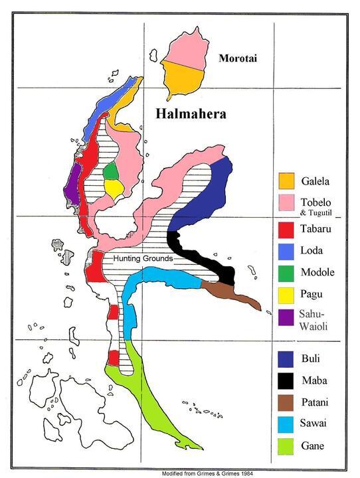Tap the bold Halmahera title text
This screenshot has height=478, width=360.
tap(191, 114)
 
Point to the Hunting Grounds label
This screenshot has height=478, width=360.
tap(143, 258)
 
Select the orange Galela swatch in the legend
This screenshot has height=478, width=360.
tap(286, 181)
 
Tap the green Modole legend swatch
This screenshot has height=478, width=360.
tap(286, 272)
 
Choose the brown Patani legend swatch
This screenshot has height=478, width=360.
tap(286, 402)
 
